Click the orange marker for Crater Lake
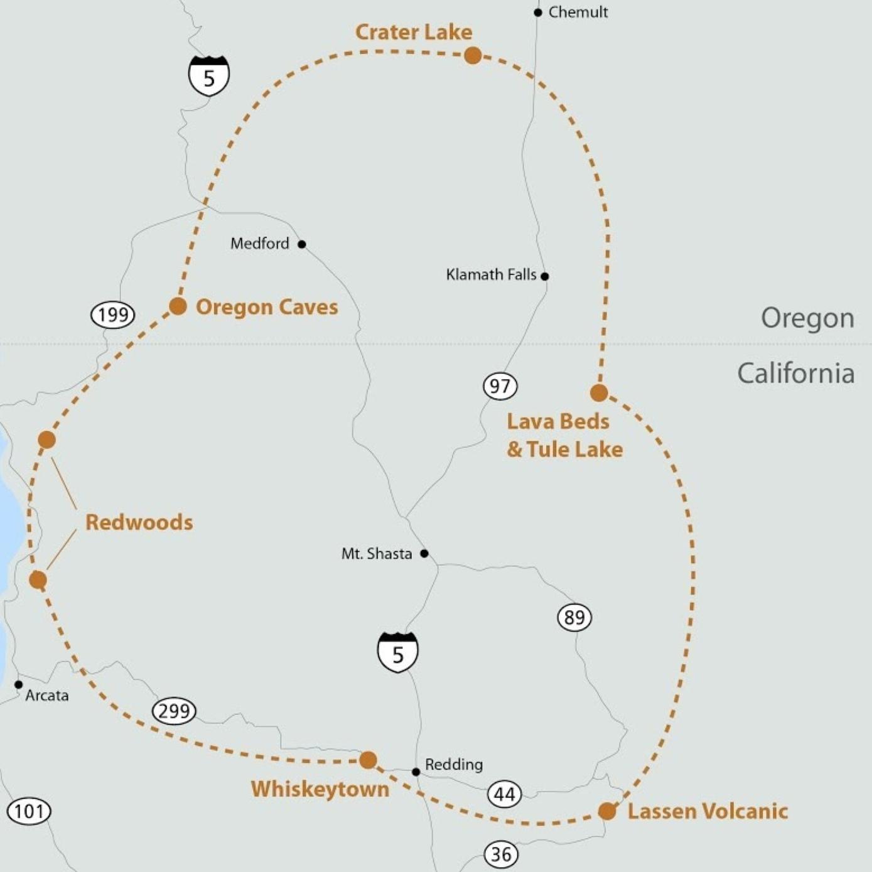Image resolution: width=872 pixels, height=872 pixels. (473, 55)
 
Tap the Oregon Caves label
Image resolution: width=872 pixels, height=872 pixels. (267, 307)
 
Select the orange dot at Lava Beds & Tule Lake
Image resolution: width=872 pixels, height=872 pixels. (599, 392)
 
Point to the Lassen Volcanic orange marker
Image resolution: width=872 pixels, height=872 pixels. (607, 811)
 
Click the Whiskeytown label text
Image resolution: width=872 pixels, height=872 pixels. (320, 789)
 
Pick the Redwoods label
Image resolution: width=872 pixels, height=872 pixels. (139, 522)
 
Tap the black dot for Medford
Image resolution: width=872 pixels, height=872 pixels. (302, 244)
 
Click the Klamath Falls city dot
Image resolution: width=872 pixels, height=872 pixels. (544, 276)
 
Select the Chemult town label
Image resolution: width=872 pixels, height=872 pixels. (578, 12)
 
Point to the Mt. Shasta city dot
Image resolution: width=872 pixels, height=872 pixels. (424, 554)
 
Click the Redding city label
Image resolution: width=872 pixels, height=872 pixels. (454, 765)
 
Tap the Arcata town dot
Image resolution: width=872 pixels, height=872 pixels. (19, 685)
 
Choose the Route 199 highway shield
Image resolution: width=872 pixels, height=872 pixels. (113, 315)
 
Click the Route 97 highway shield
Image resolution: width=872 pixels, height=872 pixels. (500, 385)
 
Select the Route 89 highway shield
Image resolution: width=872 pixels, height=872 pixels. (574, 618)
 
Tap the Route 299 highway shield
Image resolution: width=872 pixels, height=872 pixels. (174, 711)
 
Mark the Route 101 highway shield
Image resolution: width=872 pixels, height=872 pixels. (29, 811)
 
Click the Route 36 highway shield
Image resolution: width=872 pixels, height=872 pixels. (501, 854)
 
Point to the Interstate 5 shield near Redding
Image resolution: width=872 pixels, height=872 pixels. (397, 653)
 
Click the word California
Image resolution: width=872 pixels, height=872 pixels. (795, 374)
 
